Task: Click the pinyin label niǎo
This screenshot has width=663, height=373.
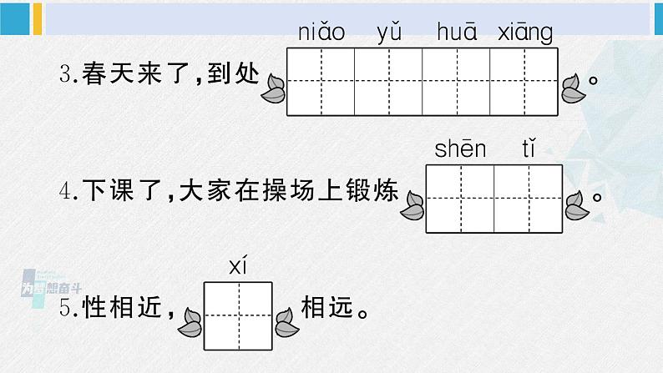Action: (x=321, y=33)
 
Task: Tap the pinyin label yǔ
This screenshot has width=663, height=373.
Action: (x=388, y=33)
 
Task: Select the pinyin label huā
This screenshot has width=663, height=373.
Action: (x=456, y=33)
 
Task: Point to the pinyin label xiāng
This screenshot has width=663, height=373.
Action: (x=524, y=33)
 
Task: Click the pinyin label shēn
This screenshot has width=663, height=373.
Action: (x=460, y=150)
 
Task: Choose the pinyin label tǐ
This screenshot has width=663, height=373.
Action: (x=528, y=150)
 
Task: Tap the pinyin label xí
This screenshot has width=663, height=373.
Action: (x=239, y=267)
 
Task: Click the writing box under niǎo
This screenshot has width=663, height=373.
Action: (x=321, y=82)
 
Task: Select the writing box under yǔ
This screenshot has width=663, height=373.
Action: (x=388, y=82)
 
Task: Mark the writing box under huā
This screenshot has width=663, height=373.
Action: (x=457, y=82)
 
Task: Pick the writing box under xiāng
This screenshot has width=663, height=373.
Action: (x=524, y=82)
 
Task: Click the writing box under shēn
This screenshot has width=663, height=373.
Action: (x=460, y=199)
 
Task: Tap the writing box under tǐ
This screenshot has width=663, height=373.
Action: (x=528, y=199)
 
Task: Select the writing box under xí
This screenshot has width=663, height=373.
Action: (x=239, y=314)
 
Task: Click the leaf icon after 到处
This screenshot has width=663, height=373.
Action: (x=274, y=87)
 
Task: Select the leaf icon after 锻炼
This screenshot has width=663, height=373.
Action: (x=412, y=204)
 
